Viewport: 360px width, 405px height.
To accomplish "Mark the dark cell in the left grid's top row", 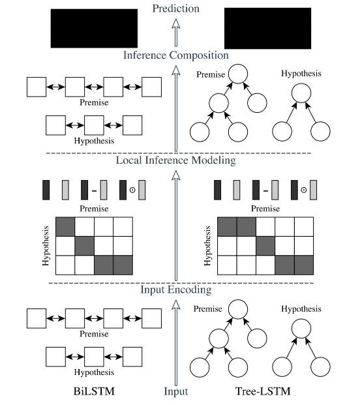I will click(x=65, y=226).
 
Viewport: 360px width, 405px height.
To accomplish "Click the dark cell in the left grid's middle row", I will click(x=85, y=246).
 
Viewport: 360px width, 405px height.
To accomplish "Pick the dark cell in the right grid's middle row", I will click(x=265, y=246).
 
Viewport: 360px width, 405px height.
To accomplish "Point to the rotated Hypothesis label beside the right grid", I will click(x=207, y=245).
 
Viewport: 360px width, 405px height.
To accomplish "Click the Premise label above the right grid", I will click(x=265, y=208).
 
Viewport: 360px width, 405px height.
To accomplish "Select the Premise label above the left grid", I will click(x=95, y=208).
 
